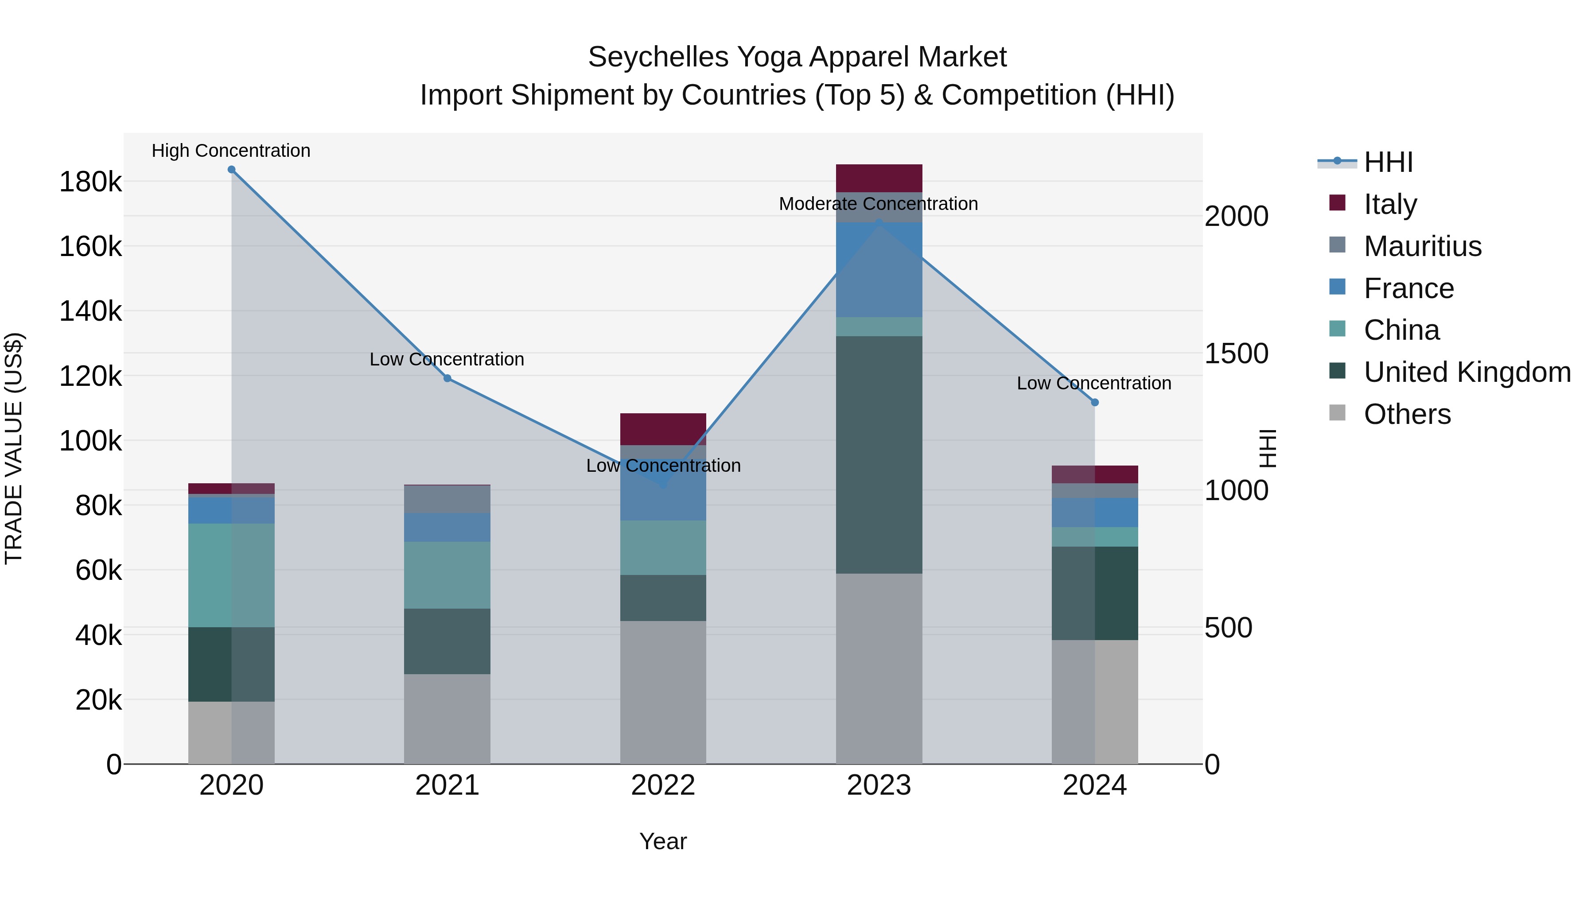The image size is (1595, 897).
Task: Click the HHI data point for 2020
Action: point(232,170)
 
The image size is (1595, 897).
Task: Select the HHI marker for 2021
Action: point(447,378)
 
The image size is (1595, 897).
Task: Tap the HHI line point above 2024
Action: point(1095,402)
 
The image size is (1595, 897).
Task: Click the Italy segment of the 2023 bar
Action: point(879,178)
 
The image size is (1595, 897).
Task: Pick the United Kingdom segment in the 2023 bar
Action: point(879,455)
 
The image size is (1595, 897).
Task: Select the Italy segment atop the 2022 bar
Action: point(663,429)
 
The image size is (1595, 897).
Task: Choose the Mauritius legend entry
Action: point(1422,246)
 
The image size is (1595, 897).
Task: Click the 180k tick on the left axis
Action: point(90,183)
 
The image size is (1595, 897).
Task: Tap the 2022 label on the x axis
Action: point(663,785)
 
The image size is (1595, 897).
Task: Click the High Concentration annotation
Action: point(231,151)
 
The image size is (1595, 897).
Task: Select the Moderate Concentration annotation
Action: point(878,204)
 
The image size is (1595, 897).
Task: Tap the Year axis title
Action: point(663,841)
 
